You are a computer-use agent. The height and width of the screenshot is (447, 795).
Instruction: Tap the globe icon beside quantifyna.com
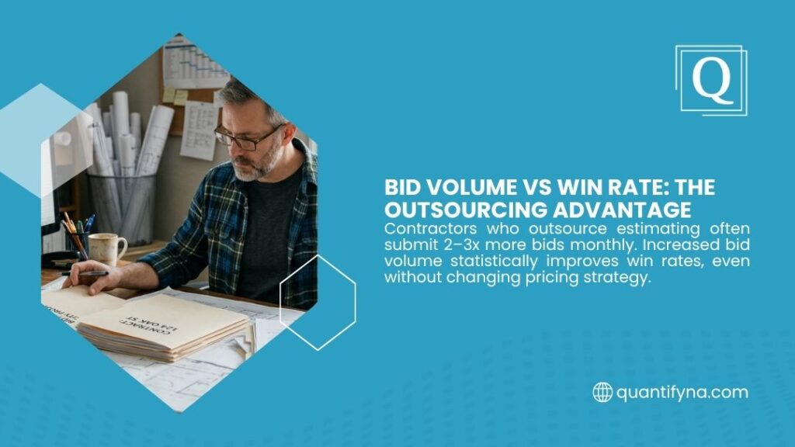[x=602, y=392]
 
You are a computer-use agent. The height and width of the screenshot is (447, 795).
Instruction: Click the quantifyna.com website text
[x=682, y=392]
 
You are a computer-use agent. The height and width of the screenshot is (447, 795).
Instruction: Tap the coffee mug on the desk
[x=106, y=248]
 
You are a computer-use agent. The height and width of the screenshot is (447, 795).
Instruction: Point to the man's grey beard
[x=254, y=165]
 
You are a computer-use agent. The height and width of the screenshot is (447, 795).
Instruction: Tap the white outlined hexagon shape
[x=317, y=301]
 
